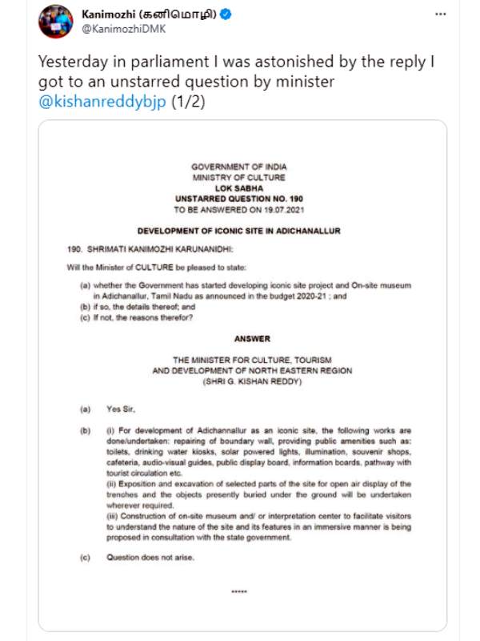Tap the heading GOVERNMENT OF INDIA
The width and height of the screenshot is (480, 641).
tap(238, 167)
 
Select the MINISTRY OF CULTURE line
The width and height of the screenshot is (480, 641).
tap(238, 177)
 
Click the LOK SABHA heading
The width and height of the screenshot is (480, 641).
tap(238, 187)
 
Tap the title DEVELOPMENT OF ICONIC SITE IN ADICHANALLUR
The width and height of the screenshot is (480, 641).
tap(238, 231)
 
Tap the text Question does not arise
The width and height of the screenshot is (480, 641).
tap(151, 557)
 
